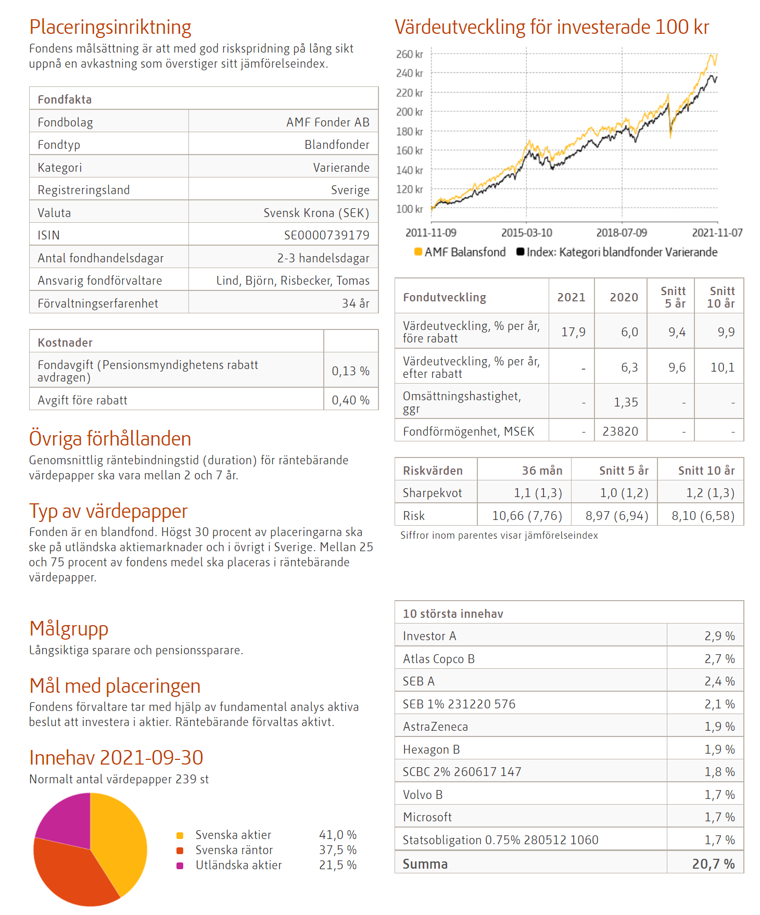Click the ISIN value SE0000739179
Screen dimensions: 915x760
click(x=326, y=235)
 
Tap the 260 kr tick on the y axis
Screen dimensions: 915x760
click(x=410, y=54)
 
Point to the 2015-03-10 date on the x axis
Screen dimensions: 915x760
click(x=526, y=233)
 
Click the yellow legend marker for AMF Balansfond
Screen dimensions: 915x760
click(x=418, y=252)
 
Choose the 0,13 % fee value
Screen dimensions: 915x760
click(x=350, y=371)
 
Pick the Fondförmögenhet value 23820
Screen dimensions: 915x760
click(x=620, y=431)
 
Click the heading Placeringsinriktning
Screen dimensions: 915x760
click(x=110, y=27)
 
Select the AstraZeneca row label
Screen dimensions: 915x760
click(x=435, y=727)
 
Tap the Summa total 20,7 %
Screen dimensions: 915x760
click(x=713, y=864)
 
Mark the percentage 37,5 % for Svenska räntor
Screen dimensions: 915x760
click(x=337, y=850)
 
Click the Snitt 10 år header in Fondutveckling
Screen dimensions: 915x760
click(x=721, y=297)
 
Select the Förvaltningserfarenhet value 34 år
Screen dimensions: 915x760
click(x=356, y=303)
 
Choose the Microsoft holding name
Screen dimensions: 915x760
click(x=427, y=817)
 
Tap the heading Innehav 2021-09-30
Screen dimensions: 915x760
click(x=116, y=758)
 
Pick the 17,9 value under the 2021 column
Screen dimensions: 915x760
click(x=573, y=332)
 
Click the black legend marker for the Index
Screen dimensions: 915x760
click(x=520, y=252)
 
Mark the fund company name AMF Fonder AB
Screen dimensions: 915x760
click(x=327, y=122)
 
